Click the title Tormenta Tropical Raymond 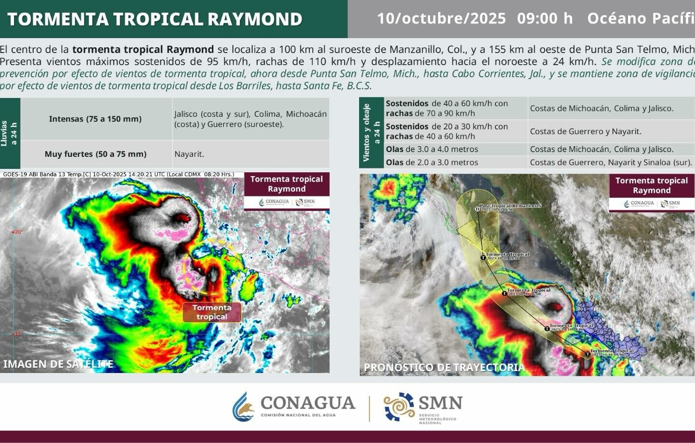(154, 19)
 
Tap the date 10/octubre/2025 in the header (441, 18)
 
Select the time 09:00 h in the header (544, 18)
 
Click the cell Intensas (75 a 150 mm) (95, 119)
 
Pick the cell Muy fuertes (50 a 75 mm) (95, 154)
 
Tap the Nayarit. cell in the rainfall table (189, 154)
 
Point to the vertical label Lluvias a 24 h (9, 133)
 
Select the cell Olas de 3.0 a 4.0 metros (432, 150)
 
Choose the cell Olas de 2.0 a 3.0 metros (432, 163)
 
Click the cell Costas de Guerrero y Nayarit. (585, 131)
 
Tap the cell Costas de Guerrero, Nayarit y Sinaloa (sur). (611, 163)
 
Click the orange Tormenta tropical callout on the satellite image (212, 312)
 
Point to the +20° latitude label (17, 232)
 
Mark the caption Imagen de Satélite (58, 364)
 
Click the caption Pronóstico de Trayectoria (444, 367)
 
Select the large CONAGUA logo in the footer (294, 406)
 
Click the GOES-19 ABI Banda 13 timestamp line (118, 175)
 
